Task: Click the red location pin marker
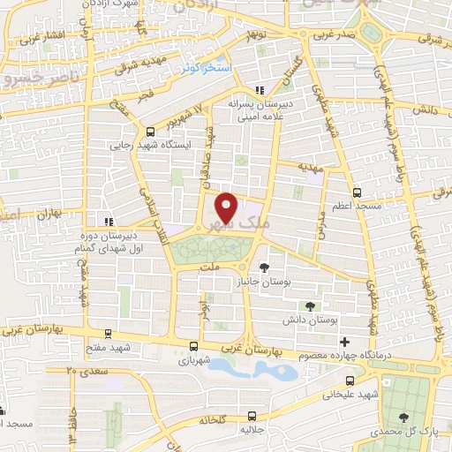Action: [227, 207]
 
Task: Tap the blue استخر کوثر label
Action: [206, 68]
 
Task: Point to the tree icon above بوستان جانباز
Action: [263, 266]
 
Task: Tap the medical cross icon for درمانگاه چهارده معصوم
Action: [345, 342]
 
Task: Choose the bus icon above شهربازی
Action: [193, 347]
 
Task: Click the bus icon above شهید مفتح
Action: [108, 334]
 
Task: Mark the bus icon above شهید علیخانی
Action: [350, 380]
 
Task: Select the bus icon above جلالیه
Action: [252, 414]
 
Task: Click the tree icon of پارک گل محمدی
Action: [403, 417]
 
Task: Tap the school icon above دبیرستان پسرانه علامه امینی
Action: [259, 90]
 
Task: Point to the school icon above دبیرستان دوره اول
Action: [108, 222]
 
